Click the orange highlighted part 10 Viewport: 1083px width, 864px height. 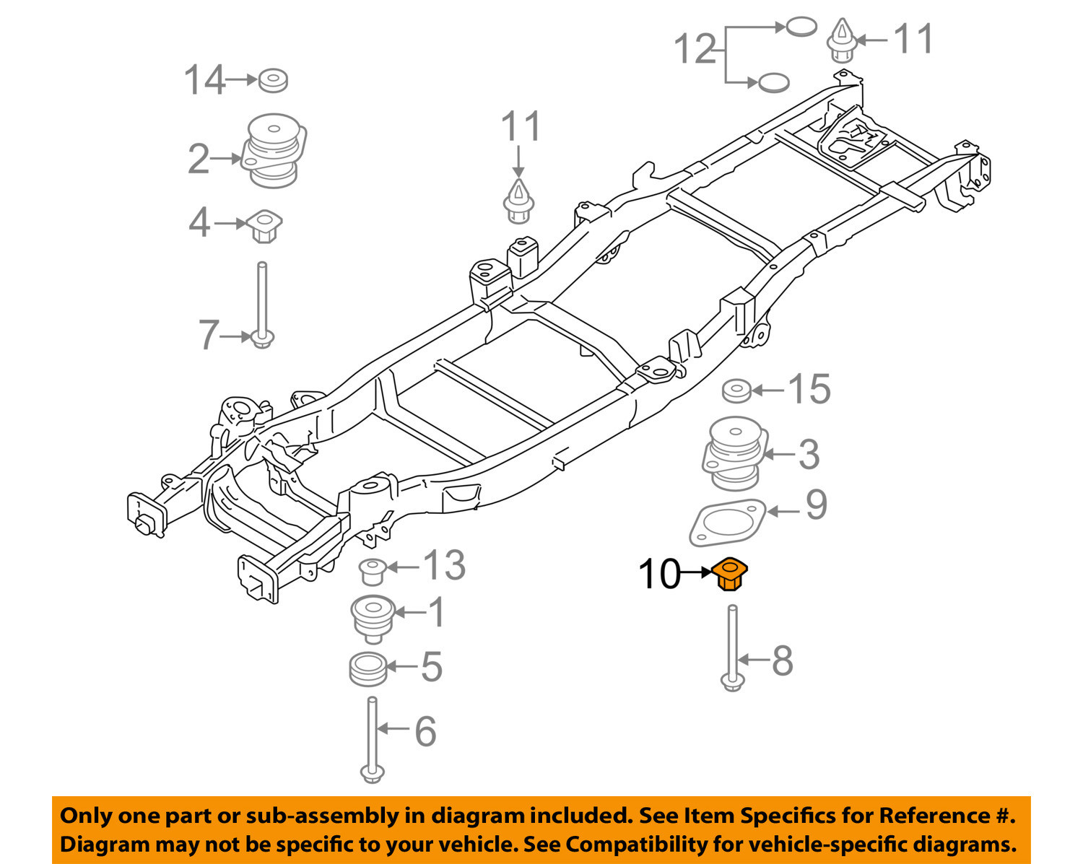[x=730, y=574]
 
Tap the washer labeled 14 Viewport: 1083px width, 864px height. [x=273, y=81]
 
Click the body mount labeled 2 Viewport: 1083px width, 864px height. [x=274, y=150]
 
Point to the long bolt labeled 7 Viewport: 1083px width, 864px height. [x=262, y=305]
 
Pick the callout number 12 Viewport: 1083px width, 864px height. [x=695, y=49]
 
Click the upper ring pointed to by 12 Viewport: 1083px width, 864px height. [x=801, y=27]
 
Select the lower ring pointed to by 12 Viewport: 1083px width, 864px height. [x=773, y=82]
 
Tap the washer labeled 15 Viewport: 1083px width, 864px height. [x=736, y=390]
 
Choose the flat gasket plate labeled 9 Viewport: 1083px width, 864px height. [x=727, y=523]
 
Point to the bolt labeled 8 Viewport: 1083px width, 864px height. [x=733, y=648]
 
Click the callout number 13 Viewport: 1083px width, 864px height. [x=445, y=565]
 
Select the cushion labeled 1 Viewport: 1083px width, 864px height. [x=373, y=619]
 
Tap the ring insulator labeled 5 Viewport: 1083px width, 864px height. [x=368, y=669]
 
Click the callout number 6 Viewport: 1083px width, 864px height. [x=425, y=731]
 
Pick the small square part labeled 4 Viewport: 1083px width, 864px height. [x=264, y=226]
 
